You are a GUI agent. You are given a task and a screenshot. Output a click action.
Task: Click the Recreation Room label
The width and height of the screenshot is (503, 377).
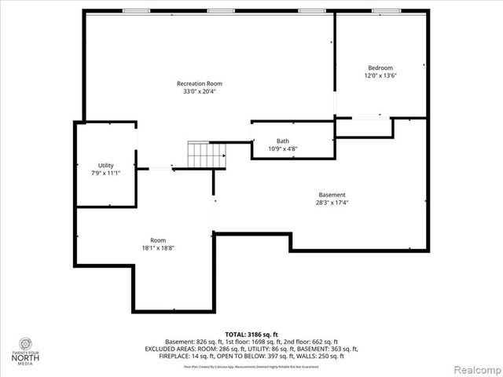(x=199, y=83)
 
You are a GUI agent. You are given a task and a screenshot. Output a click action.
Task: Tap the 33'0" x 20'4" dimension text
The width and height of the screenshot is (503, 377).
(x=199, y=91)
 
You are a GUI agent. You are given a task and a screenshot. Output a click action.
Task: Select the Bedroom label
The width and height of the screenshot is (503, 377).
(x=380, y=68)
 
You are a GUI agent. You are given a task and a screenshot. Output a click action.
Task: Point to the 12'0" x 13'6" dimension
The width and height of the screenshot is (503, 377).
(x=380, y=76)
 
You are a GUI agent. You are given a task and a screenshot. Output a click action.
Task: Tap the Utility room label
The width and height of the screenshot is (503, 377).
(x=105, y=165)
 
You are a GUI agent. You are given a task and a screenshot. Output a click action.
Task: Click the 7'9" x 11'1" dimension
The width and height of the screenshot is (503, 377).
(x=105, y=173)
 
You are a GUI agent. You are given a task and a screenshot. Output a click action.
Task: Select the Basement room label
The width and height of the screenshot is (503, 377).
(x=332, y=195)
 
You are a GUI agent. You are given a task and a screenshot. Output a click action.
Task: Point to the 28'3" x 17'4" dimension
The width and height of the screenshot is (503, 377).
(x=332, y=203)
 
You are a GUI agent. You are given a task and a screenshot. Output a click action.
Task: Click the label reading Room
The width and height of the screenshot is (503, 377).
(x=158, y=240)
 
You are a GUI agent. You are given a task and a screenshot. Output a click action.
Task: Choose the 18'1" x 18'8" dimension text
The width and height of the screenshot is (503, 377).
(x=158, y=248)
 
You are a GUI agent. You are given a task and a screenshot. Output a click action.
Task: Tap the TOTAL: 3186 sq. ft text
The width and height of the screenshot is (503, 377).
(x=251, y=335)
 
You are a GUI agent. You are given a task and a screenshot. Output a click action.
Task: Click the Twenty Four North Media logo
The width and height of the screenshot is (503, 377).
(x=26, y=350)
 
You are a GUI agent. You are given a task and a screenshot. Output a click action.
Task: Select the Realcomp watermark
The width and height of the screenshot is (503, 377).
(x=475, y=368)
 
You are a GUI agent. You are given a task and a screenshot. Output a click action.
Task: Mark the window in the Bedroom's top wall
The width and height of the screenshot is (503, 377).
(x=385, y=11)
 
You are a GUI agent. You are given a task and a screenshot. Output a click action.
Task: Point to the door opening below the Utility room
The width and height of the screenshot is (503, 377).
(x=161, y=167)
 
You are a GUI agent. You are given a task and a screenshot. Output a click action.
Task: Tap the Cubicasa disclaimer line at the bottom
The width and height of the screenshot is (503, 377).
(x=251, y=366)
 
